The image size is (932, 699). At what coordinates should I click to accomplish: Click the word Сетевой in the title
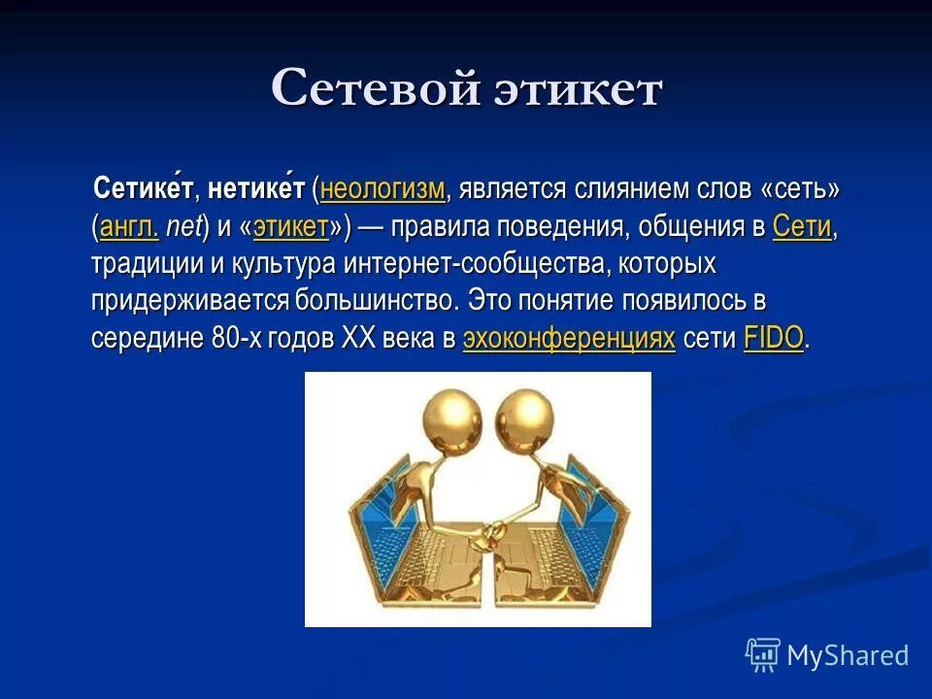click(x=376, y=89)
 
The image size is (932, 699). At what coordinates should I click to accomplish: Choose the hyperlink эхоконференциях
click(x=569, y=338)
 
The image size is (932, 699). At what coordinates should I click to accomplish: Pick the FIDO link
click(x=774, y=338)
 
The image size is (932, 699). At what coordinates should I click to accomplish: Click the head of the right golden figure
click(x=525, y=415)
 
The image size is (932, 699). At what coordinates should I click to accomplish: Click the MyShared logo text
click(x=847, y=655)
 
